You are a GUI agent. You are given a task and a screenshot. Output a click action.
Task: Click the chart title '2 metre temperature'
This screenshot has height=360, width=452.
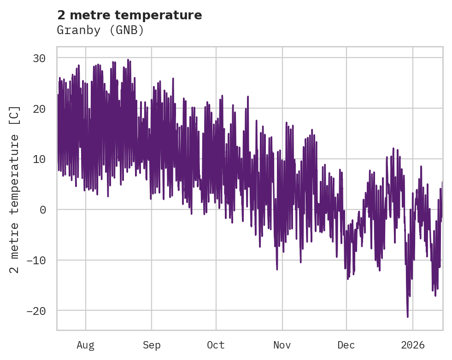[129, 15]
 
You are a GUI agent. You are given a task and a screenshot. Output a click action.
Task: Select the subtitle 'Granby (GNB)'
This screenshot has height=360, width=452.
[100, 30]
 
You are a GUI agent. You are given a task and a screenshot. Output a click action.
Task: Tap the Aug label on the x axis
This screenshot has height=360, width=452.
[86, 345]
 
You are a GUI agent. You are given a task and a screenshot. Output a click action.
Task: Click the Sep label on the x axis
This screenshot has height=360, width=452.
[151, 345]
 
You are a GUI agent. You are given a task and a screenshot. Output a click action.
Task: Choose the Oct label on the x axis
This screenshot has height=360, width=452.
[216, 345]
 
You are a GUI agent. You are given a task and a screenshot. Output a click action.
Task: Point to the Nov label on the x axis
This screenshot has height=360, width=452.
[282, 345]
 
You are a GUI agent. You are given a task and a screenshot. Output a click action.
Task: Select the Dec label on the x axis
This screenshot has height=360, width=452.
[346, 345]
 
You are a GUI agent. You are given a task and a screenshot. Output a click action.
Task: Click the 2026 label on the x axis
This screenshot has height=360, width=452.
[413, 345]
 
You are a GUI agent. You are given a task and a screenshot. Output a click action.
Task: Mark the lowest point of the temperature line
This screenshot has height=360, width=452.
[407, 317]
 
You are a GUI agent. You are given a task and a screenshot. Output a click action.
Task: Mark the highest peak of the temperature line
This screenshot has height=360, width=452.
[128, 59]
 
